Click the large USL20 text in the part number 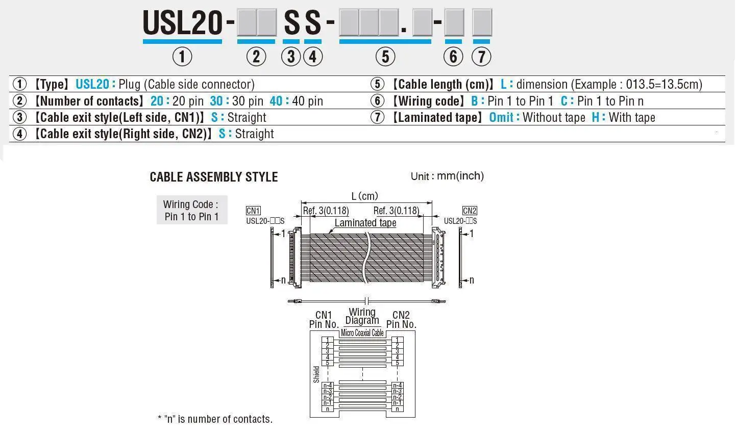pos(182,23)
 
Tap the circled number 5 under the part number pos(385,56)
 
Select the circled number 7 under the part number pos(481,56)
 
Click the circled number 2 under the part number pos(256,56)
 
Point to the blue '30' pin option pos(216,101)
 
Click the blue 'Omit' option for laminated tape pos(501,117)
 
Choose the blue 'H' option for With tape pos(596,117)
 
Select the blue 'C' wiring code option pos(564,101)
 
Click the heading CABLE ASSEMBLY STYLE pos(214,177)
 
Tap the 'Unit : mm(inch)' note pos(447,176)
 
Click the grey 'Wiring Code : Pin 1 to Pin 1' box pos(191,210)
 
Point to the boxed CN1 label pos(253,211)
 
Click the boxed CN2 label pos(470,211)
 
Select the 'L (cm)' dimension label pos(365,196)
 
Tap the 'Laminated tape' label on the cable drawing pos(365,223)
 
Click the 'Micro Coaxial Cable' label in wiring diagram pos(362,333)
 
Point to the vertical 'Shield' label pos(316,374)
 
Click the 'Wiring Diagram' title pos(362,316)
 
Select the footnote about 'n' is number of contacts pos(215,419)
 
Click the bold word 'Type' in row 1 pos(54,85)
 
